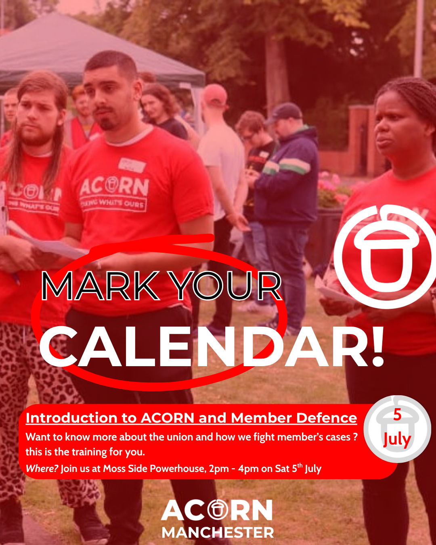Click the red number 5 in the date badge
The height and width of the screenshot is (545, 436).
(x=397, y=415)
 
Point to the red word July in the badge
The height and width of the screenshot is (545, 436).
(x=397, y=440)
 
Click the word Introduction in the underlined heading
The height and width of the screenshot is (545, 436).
(x=71, y=418)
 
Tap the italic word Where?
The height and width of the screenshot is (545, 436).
(x=42, y=469)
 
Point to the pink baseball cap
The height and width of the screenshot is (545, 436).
(x=215, y=95)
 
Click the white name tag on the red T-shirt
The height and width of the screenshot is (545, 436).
(x=132, y=165)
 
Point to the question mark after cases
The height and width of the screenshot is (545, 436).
(x=355, y=437)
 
